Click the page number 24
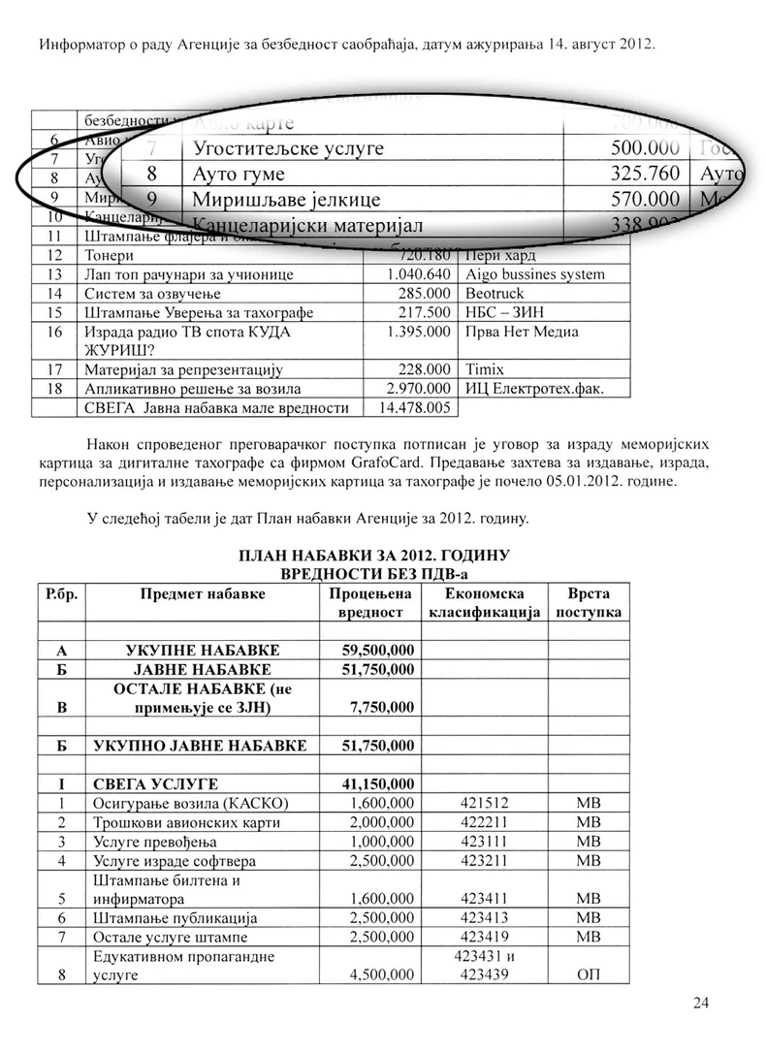(x=702, y=1003)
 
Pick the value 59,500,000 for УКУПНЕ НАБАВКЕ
(x=378, y=650)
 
